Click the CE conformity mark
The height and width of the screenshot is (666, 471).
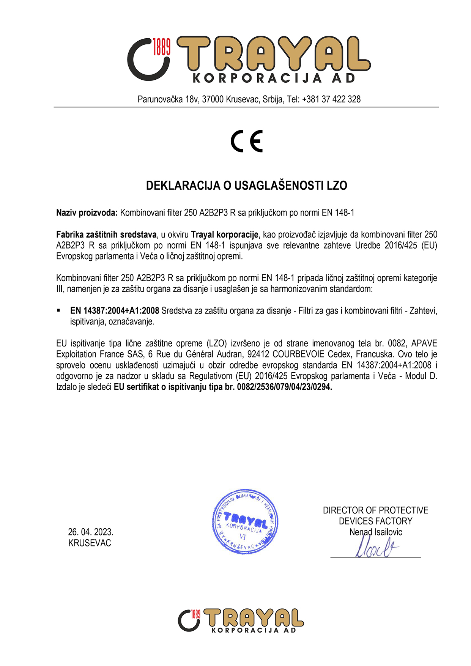point(247,141)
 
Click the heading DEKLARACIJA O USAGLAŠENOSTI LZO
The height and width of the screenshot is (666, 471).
point(247,186)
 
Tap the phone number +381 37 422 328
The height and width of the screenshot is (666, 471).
point(331,99)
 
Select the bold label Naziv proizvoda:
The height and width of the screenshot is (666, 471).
point(87,213)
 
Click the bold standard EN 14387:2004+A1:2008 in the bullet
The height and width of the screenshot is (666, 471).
point(115,311)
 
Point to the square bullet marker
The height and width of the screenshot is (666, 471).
point(58,310)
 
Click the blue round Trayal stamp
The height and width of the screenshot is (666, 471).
point(245,521)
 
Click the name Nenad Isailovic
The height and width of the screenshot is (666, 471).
point(375,532)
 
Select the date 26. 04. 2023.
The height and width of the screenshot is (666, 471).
point(91,532)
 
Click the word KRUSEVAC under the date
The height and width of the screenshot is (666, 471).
point(90,543)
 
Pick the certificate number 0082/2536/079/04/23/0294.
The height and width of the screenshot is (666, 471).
point(284,387)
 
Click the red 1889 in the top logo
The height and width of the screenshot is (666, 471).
point(161,47)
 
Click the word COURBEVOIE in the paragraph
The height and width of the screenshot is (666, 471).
point(298,354)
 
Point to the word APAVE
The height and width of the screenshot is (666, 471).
point(424,343)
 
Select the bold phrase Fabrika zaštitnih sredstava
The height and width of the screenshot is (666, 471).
point(106,235)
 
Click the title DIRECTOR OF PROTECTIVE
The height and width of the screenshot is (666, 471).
point(375,510)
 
